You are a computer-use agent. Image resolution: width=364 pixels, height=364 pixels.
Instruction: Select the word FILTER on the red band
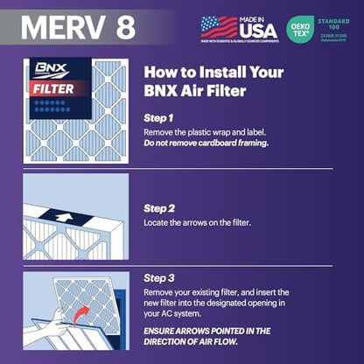point(52,87)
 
